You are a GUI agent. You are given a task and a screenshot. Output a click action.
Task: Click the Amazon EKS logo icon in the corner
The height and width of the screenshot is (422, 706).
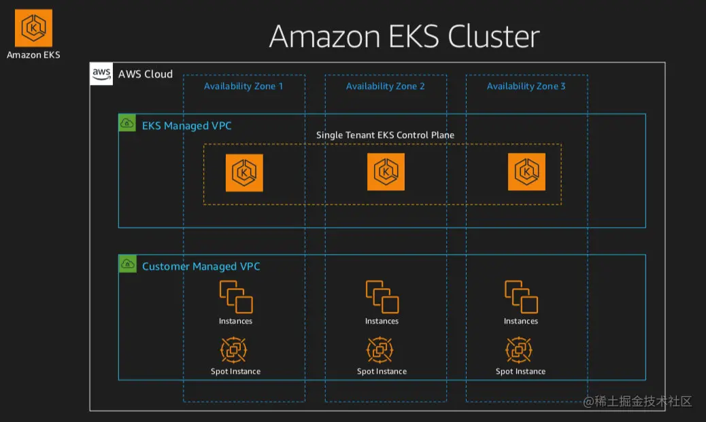point(33,28)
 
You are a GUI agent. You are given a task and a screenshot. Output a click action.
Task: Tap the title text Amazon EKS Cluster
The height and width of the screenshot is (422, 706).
point(405,36)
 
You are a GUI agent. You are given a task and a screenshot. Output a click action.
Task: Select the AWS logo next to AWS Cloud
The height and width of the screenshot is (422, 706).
point(101,74)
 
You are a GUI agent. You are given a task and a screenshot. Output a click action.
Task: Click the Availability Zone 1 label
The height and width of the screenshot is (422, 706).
point(243,86)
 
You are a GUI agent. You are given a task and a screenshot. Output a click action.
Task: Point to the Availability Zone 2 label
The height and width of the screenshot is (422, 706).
point(385,86)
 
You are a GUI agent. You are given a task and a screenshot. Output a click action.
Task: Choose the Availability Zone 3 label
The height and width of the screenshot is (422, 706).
point(526,86)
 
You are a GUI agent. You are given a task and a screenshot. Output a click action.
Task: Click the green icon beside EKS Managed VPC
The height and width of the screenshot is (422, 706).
point(127,123)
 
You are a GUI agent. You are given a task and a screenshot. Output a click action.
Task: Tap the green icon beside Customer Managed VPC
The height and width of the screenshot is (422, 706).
point(127,264)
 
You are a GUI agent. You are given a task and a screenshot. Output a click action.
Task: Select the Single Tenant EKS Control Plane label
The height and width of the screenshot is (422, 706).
point(385,135)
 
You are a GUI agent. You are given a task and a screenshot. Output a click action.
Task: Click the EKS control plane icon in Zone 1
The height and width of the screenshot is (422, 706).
point(244,173)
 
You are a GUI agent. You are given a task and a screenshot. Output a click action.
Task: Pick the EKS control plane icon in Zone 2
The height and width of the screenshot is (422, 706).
point(386,172)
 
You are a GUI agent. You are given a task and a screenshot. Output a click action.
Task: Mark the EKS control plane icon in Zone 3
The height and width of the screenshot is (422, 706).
point(526,172)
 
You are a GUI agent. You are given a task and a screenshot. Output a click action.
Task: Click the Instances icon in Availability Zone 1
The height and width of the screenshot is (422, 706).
point(236,298)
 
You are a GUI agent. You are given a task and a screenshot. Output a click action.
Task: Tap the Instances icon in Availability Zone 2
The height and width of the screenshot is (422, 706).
point(382,298)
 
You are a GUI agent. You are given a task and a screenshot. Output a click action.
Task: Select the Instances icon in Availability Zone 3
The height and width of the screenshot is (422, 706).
point(521,298)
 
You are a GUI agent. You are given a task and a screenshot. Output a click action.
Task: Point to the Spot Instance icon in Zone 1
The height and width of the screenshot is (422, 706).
point(234,351)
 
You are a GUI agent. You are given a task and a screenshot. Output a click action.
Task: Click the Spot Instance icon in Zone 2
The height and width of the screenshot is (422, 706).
point(380,351)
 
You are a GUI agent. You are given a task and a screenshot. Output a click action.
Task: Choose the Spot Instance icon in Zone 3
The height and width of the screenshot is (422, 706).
point(519,351)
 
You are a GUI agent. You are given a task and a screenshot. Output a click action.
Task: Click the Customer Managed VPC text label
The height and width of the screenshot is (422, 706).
point(201,266)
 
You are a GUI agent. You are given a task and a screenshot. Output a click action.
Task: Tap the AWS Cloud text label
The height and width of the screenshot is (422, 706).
point(146,74)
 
